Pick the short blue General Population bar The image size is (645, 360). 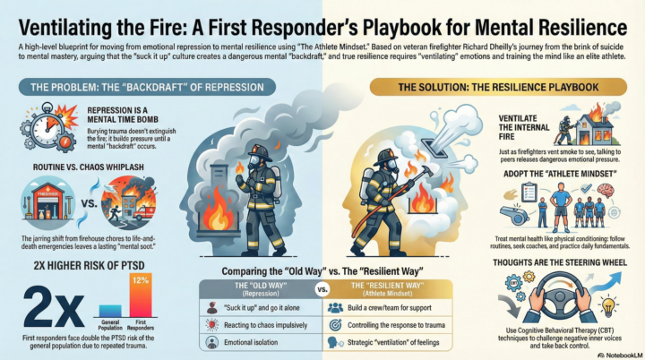point(111,310)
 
